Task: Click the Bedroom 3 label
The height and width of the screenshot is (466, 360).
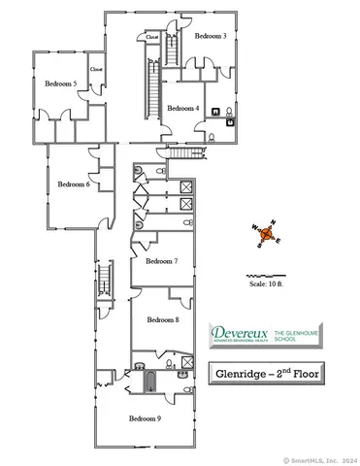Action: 211,36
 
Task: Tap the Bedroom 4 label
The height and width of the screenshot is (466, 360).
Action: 183,109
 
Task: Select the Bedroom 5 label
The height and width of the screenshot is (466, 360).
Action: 60,84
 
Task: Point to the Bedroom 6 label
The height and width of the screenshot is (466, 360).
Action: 74,183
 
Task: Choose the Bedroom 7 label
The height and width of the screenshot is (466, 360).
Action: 162,261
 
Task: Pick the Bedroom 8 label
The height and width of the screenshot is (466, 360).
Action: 163,319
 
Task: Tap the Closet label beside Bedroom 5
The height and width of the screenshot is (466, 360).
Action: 96,70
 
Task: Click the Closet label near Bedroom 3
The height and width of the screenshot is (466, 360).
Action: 152,37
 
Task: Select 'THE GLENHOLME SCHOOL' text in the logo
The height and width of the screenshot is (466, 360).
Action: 297,335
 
